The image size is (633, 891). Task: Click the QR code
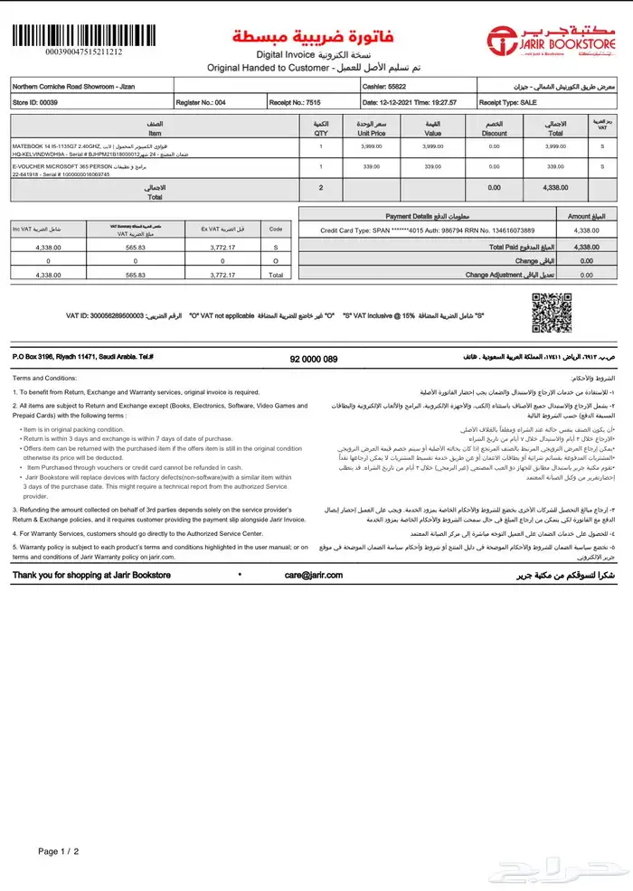[x=551, y=313]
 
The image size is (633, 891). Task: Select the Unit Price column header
[x=372, y=128]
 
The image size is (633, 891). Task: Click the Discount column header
[x=494, y=128]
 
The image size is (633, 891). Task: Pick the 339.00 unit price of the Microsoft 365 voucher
[x=372, y=166]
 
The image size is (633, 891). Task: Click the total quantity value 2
[x=321, y=188]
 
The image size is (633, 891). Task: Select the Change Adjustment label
[x=503, y=274]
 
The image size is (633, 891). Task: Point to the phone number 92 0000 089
[x=313, y=360]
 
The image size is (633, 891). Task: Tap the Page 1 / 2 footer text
[x=59, y=851]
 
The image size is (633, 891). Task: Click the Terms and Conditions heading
[x=45, y=378]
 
